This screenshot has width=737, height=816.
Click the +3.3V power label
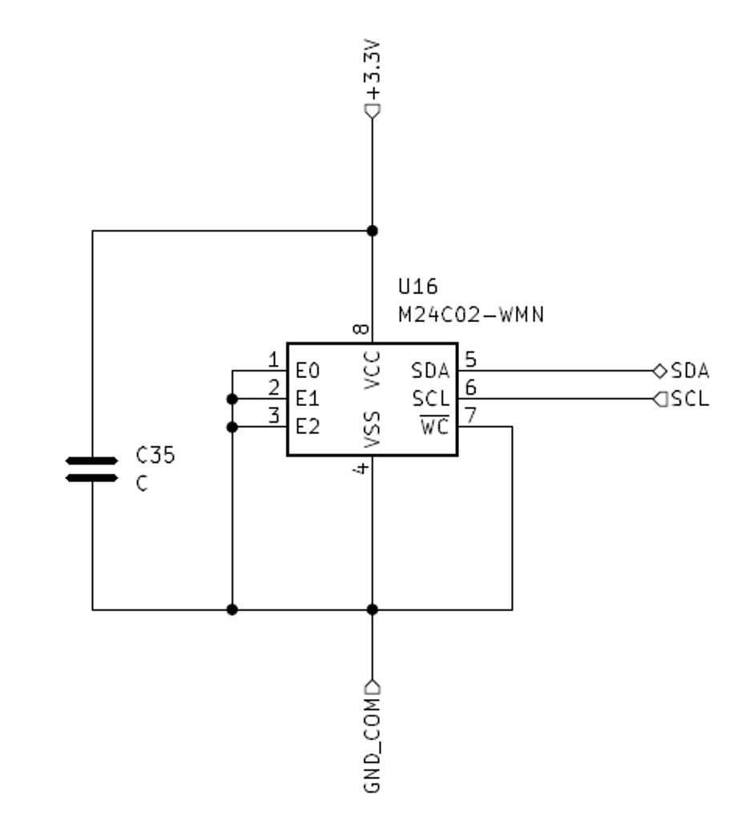pos(373,70)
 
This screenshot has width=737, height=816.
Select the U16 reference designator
pos(418,286)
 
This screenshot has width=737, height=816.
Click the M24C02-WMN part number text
pos(471,315)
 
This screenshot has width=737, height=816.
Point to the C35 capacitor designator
pos(155,455)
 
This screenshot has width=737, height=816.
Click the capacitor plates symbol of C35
pos(92,469)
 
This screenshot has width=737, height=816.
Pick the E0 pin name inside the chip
pos(308,371)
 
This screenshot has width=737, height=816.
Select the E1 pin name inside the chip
pos(308,399)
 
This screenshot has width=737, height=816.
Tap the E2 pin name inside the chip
pos(308,427)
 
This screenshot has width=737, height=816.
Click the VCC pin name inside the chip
pos(373,370)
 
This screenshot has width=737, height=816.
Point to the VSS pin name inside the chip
pos(373,430)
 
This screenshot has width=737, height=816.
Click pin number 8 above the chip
pos(360,329)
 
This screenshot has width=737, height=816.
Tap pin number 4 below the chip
pos(360,468)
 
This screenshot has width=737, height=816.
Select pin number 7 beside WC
pos(470,416)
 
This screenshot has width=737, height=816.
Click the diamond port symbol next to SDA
pos(660,371)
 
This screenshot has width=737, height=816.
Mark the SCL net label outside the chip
pos(691,399)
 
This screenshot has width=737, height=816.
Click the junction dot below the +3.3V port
pos(373,231)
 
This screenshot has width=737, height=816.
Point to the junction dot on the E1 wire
pos(232,399)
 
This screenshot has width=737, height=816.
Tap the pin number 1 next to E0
pos(273,360)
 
